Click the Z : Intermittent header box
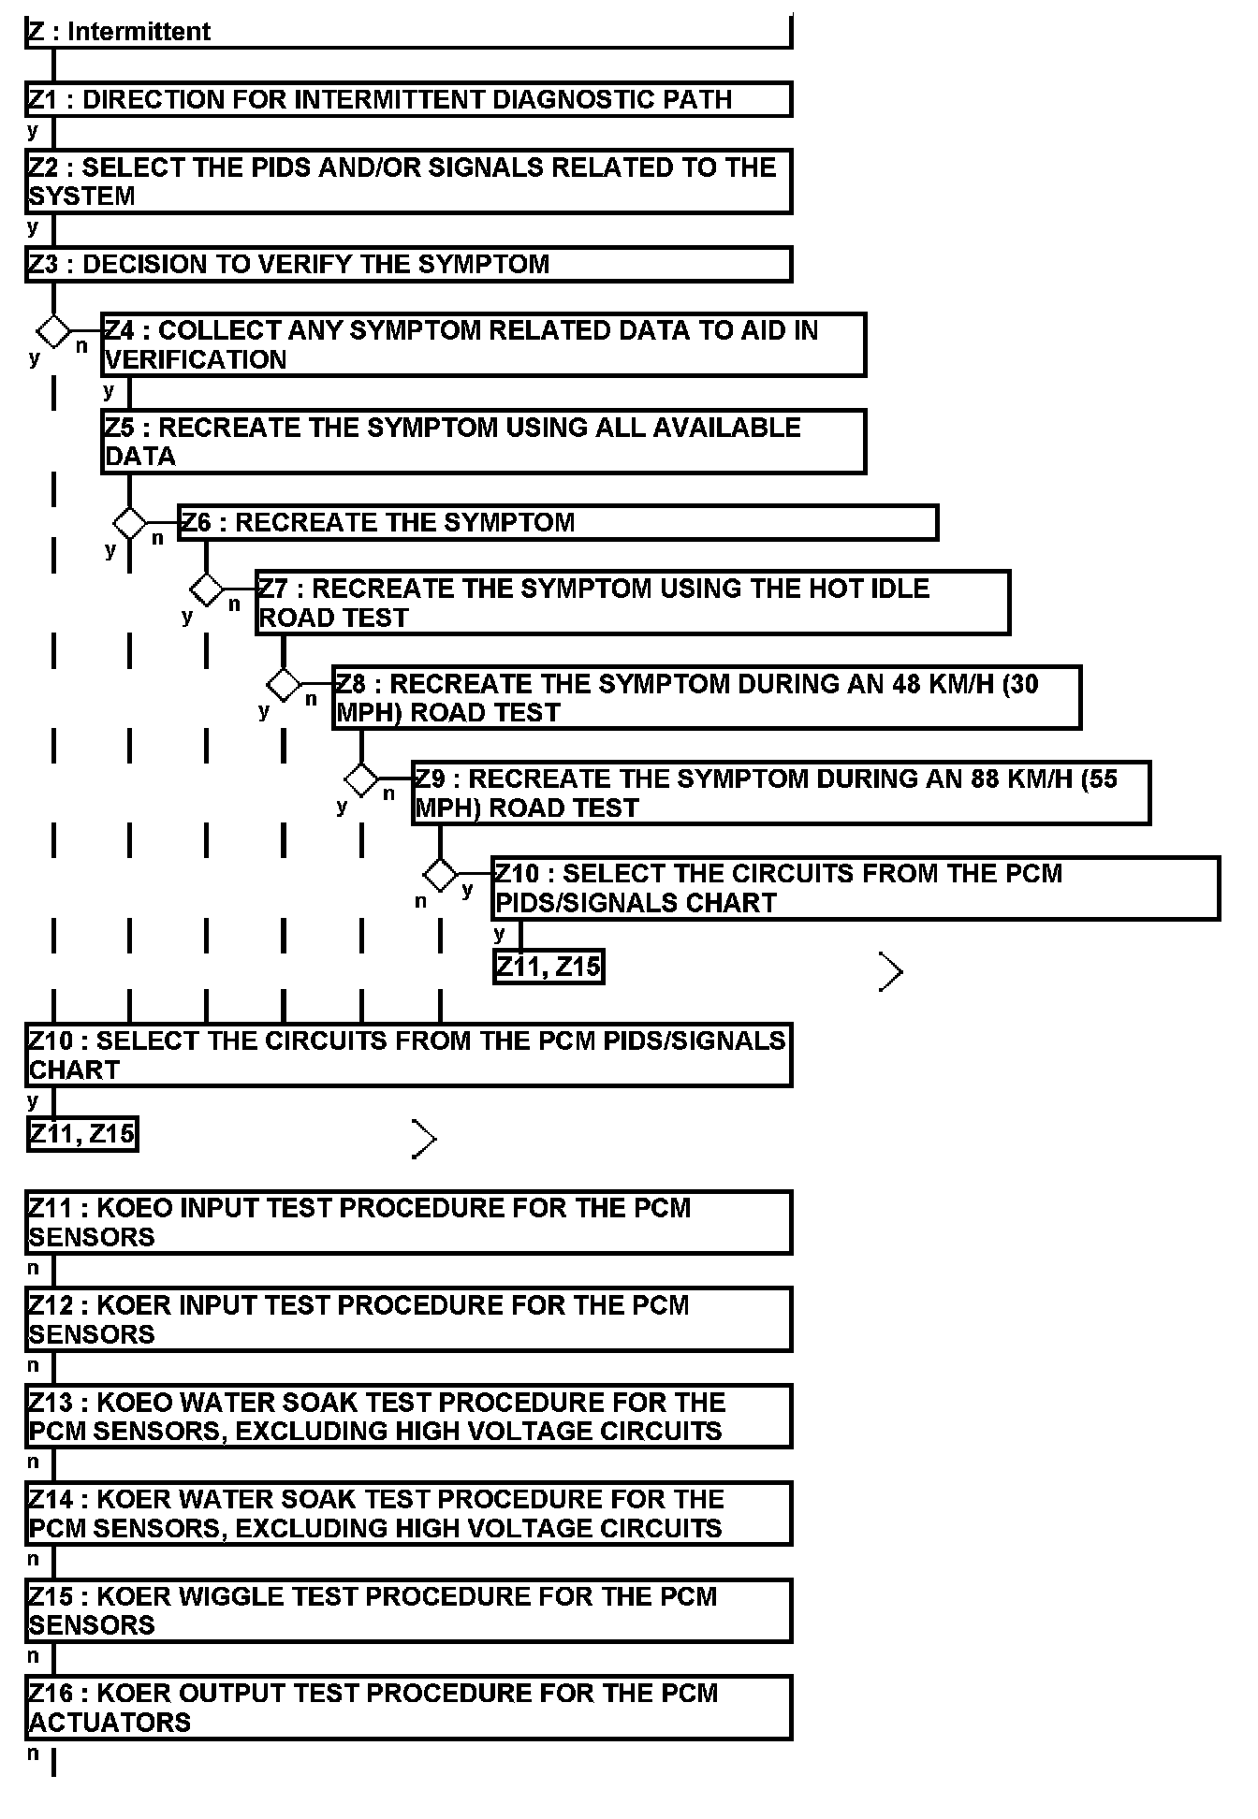408,32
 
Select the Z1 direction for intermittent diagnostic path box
408,99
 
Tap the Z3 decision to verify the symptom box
408,264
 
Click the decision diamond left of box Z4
53,330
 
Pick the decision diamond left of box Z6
130,522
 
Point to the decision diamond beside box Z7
207,589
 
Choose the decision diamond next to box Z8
284,685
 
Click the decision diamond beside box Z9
361,779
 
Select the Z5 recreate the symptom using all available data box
483,442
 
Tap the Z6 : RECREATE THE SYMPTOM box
558,522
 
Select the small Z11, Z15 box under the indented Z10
549,967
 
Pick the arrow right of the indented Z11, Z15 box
891,972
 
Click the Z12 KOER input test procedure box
408,1319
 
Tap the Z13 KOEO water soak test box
408,1417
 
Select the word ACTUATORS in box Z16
110,1723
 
